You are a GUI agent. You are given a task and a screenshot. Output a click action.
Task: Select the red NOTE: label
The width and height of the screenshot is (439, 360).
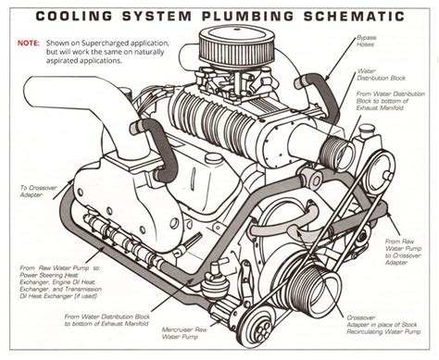pos(28,42)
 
